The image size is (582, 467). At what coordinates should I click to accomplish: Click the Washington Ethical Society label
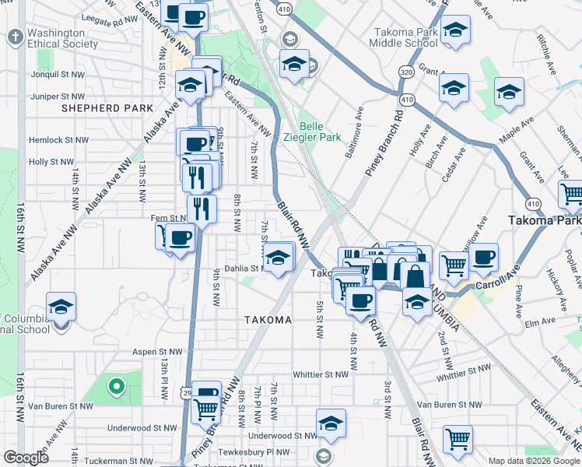coord(56,39)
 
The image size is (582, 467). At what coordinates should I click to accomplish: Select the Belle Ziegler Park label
coord(321,132)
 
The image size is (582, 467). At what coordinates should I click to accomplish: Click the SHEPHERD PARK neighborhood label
coord(100,108)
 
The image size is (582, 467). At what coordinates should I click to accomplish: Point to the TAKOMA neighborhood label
coord(267,320)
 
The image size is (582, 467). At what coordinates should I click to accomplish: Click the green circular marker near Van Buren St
coord(116,385)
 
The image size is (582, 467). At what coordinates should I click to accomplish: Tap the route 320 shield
coord(405,71)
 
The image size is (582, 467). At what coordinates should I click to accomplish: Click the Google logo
coord(26,457)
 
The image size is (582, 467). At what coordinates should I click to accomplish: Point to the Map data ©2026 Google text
coord(534,461)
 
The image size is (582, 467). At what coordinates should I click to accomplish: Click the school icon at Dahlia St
coord(277,257)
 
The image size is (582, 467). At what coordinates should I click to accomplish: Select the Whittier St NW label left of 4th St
coord(320,374)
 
